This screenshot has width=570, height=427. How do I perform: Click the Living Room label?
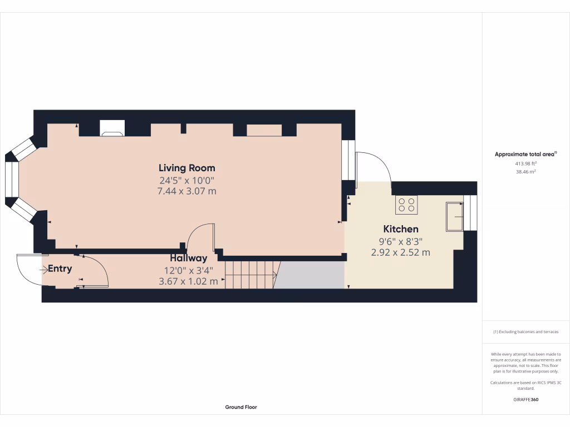tap(186, 168)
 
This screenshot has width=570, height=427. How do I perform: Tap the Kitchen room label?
tap(401, 229)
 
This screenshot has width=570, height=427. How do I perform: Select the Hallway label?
tap(189, 258)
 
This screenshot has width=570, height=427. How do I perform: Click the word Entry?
tap(60, 269)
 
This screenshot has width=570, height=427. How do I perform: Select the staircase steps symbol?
tap(251, 275)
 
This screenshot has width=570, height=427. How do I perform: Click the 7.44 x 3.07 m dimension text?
tap(187, 191)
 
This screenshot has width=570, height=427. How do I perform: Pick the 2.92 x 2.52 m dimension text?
tap(401, 252)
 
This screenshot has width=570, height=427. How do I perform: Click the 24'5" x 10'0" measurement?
tap(187, 180)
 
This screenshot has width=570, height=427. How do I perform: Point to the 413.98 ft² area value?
tap(526, 163)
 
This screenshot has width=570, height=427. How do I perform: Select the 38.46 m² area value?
tap(526, 172)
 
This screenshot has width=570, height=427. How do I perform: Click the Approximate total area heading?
tap(525, 155)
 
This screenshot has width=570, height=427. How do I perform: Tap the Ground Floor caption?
tap(241, 407)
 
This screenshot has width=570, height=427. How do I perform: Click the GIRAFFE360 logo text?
tap(525, 400)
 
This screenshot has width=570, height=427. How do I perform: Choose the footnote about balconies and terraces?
tap(525, 332)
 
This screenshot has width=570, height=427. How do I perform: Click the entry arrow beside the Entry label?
tap(44, 269)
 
